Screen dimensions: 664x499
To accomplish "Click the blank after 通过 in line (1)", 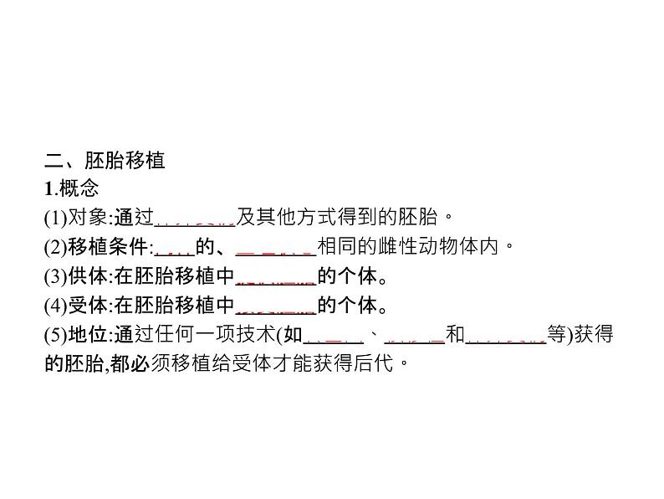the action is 195,219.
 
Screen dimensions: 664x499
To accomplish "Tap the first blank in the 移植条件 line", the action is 175,249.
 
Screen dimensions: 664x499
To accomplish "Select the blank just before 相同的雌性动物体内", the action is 274,249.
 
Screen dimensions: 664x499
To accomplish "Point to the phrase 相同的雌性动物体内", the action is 413,247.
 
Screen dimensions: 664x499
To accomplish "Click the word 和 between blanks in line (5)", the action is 454,335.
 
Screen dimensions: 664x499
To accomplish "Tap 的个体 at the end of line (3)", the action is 345,276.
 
